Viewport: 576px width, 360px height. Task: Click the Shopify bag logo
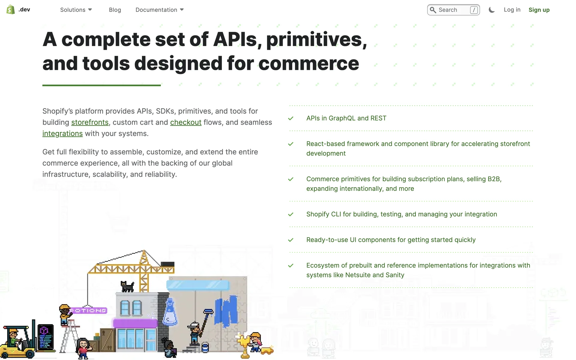(11, 10)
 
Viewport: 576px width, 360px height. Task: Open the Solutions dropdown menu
(76, 10)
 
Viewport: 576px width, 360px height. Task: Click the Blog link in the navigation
(115, 10)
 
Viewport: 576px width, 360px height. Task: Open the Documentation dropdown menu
(160, 10)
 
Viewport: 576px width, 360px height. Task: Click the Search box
(453, 10)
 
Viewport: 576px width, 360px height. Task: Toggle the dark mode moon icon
(491, 10)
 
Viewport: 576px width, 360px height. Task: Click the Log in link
(512, 10)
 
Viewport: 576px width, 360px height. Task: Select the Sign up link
(539, 10)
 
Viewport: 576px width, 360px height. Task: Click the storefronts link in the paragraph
(90, 122)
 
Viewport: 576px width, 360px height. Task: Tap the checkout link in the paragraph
(186, 122)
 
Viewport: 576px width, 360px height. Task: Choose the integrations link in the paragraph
(62, 133)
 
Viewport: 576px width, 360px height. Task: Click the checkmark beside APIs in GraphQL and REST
(291, 118)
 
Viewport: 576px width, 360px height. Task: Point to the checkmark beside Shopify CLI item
(291, 214)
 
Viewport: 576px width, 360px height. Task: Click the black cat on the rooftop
(127, 286)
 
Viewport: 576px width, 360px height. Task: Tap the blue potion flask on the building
(170, 312)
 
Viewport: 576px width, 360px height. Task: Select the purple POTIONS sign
(88, 310)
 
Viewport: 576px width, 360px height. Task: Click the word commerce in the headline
(309, 63)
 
